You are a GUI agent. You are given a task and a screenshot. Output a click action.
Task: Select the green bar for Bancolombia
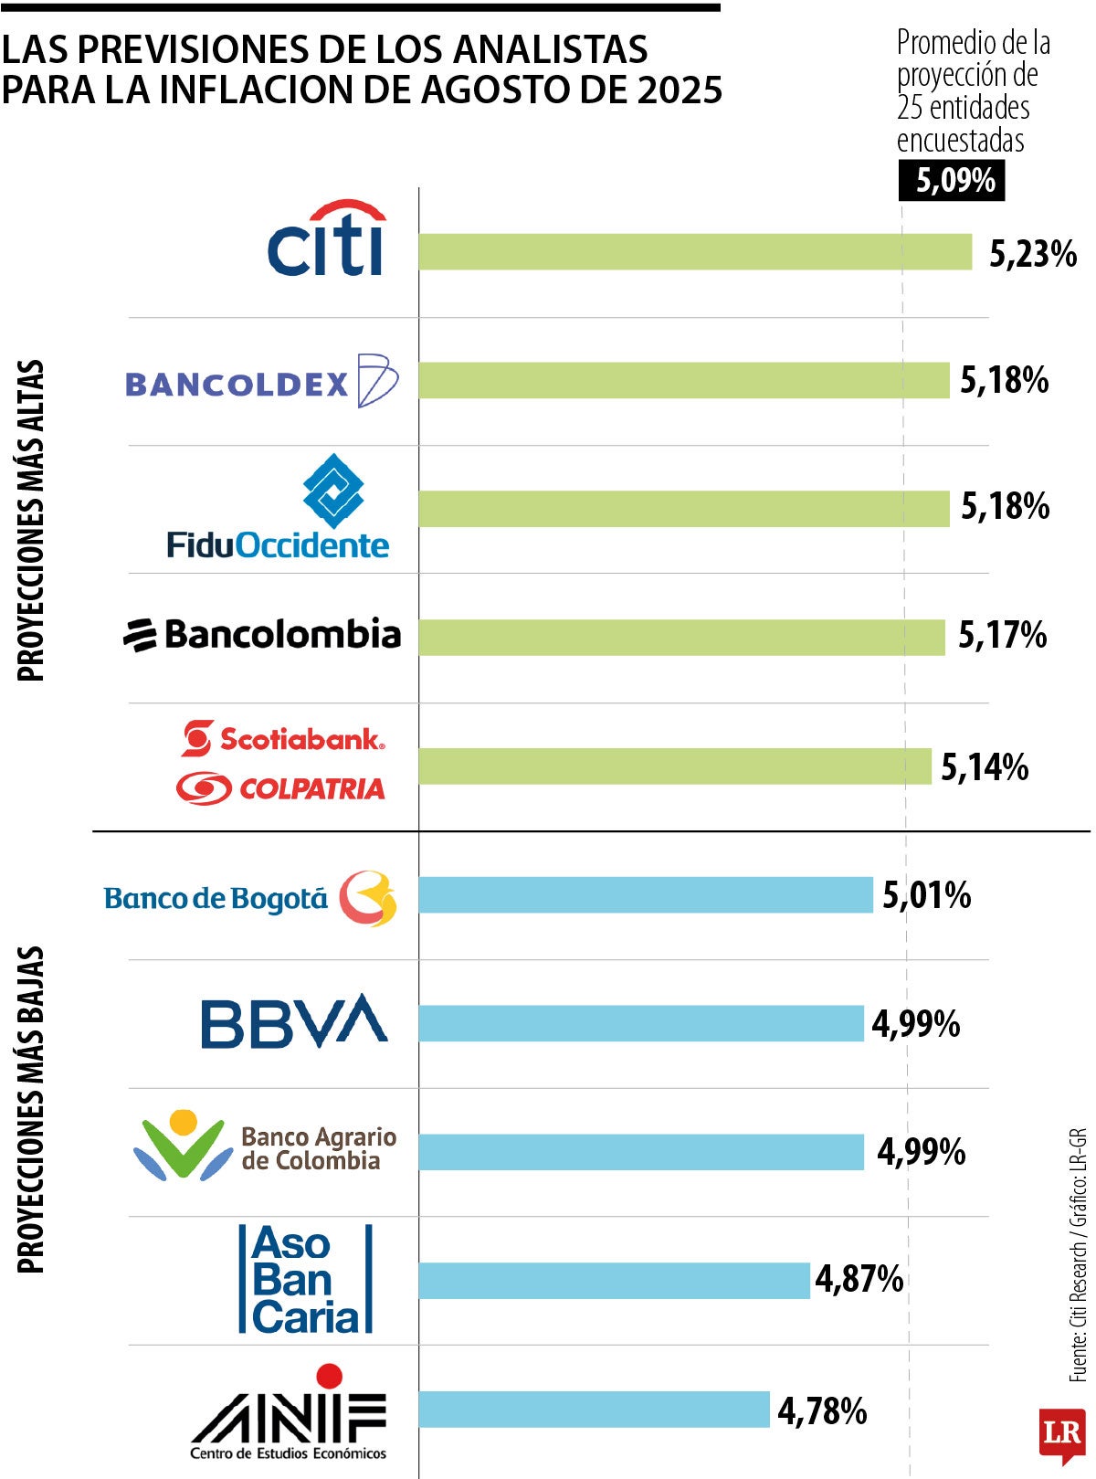click(x=681, y=637)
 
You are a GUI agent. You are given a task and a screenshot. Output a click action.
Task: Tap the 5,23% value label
click(x=1033, y=254)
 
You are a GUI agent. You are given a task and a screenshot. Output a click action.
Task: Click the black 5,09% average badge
click(x=952, y=180)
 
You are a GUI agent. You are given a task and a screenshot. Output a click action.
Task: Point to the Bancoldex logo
click(x=261, y=381)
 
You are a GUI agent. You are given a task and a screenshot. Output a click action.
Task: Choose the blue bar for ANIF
click(x=594, y=1409)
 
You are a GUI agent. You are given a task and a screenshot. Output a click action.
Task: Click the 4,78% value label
click(x=822, y=1410)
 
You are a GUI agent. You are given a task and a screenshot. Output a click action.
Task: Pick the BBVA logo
click(x=294, y=1021)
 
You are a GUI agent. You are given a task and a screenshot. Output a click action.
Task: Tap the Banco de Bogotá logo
click(x=250, y=898)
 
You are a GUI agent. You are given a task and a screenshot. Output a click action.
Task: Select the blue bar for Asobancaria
click(x=614, y=1280)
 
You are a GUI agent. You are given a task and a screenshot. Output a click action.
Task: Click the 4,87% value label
click(x=859, y=1279)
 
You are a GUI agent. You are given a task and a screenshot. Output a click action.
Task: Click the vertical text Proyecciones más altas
click(x=31, y=521)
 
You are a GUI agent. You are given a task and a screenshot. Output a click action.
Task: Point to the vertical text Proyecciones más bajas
click(x=31, y=1110)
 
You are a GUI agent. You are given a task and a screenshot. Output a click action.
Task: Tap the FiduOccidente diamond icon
click(x=333, y=491)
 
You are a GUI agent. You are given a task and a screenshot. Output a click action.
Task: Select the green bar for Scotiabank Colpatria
click(x=674, y=766)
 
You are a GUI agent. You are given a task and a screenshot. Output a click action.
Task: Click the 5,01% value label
click(x=926, y=895)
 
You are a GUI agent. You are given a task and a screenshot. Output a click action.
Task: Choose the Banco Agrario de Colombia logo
click(x=265, y=1146)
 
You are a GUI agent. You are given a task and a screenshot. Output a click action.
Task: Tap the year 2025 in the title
click(x=680, y=90)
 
